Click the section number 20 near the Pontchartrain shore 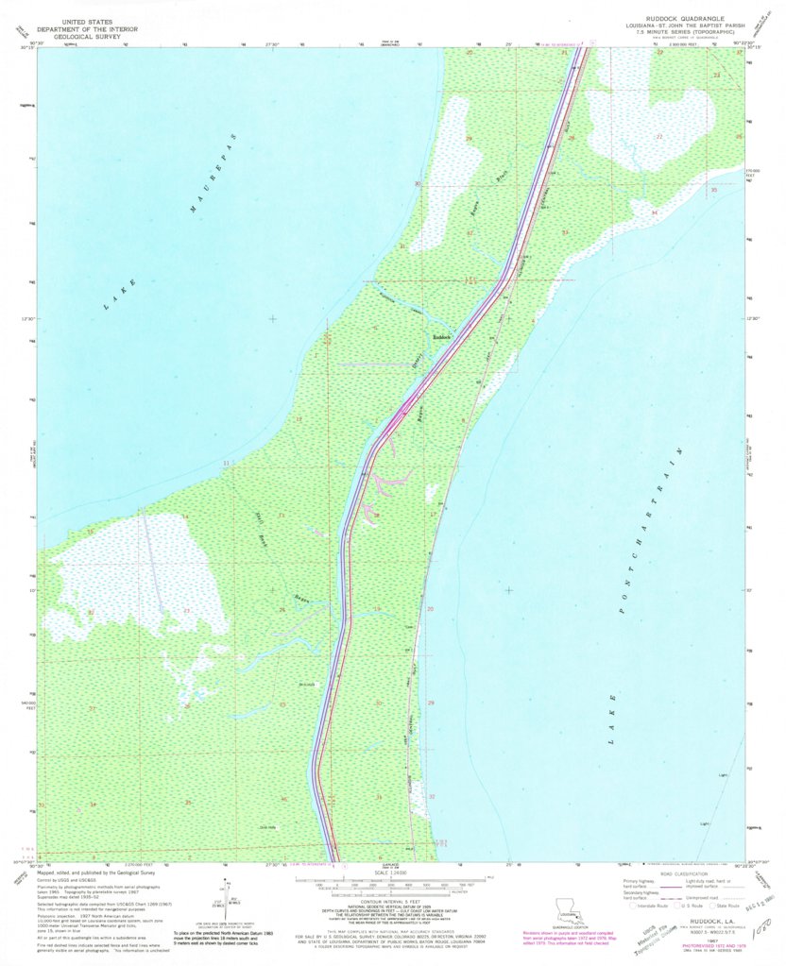[431, 610]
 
